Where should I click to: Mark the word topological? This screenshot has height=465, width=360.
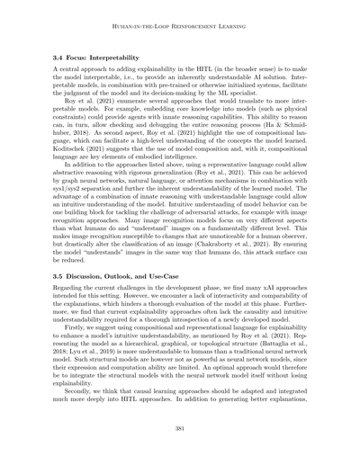pos(217,357)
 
